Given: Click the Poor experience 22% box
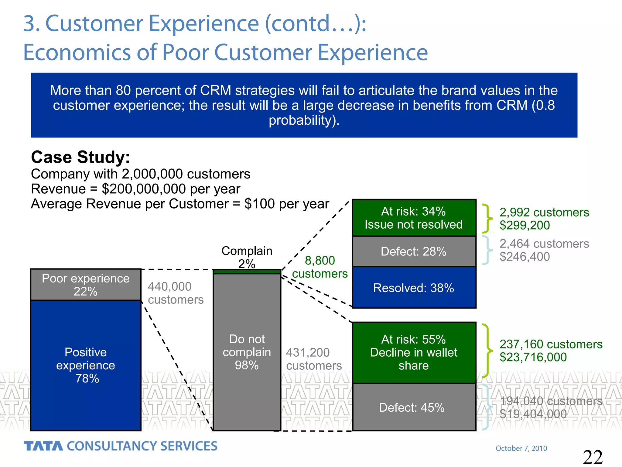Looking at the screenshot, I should click(86, 285).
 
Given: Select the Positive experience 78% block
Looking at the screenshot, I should click(86, 365).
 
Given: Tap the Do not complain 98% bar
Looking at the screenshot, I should click(247, 352).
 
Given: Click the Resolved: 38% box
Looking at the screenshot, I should click(414, 288).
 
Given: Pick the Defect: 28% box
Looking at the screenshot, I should click(414, 251).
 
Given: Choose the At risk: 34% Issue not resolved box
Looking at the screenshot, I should click(414, 218).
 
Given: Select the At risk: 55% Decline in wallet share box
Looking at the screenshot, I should click(414, 352).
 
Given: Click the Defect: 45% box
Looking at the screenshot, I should click(414, 407).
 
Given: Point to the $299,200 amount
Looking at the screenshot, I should click(525, 225).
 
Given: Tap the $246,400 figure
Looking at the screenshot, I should click(525, 257).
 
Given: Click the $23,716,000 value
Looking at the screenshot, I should click(533, 357).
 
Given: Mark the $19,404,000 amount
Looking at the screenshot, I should click(533, 414).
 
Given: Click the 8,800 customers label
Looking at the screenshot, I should click(320, 267).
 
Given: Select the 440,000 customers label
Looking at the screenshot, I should click(176, 293).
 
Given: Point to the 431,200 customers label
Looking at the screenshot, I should click(314, 359).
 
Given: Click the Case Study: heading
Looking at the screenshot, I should click(80, 157).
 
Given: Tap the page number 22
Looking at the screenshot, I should click(593, 457).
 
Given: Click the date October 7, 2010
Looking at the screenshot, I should click(521, 448).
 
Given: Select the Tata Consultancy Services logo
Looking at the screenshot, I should click(121, 446).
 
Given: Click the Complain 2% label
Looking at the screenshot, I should click(247, 257).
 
